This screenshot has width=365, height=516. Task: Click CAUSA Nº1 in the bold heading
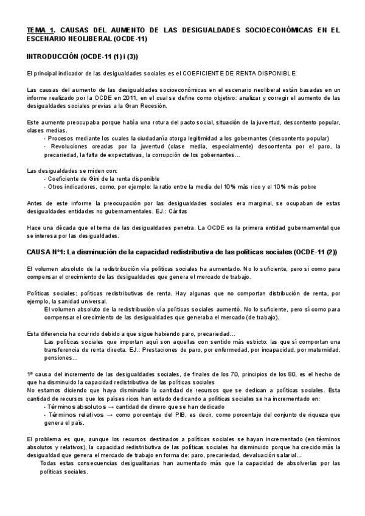coord(46,252)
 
